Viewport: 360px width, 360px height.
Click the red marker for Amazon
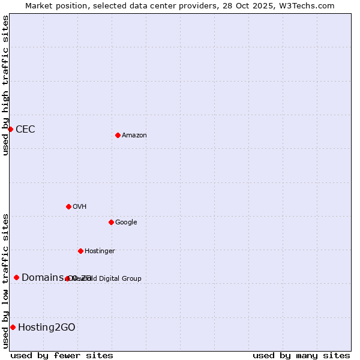click(118, 135)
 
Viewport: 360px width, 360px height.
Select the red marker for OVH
click(68, 206)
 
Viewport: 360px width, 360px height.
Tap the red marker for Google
click(111, 222)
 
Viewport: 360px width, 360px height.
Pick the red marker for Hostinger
click(80, 251)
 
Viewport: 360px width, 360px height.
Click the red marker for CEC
click(10, 129)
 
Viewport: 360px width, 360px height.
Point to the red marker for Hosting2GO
click(13, 327)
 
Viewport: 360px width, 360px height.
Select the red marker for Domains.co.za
click(16, 277)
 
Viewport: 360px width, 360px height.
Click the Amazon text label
click(134, 136)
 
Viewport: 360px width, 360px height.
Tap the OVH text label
click(80, 207)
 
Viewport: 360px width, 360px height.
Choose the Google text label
click(126, 223)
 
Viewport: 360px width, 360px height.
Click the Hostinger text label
click(100, 251)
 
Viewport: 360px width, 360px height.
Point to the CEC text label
click(25, 130)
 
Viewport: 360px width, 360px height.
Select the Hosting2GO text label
click(47, 328)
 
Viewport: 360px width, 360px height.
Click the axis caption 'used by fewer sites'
click(62, 355)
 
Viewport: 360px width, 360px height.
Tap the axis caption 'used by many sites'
click(301, 355)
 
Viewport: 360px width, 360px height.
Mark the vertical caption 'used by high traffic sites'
click(5, 85)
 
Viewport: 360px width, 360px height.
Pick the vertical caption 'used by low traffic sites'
click(5, 281)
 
